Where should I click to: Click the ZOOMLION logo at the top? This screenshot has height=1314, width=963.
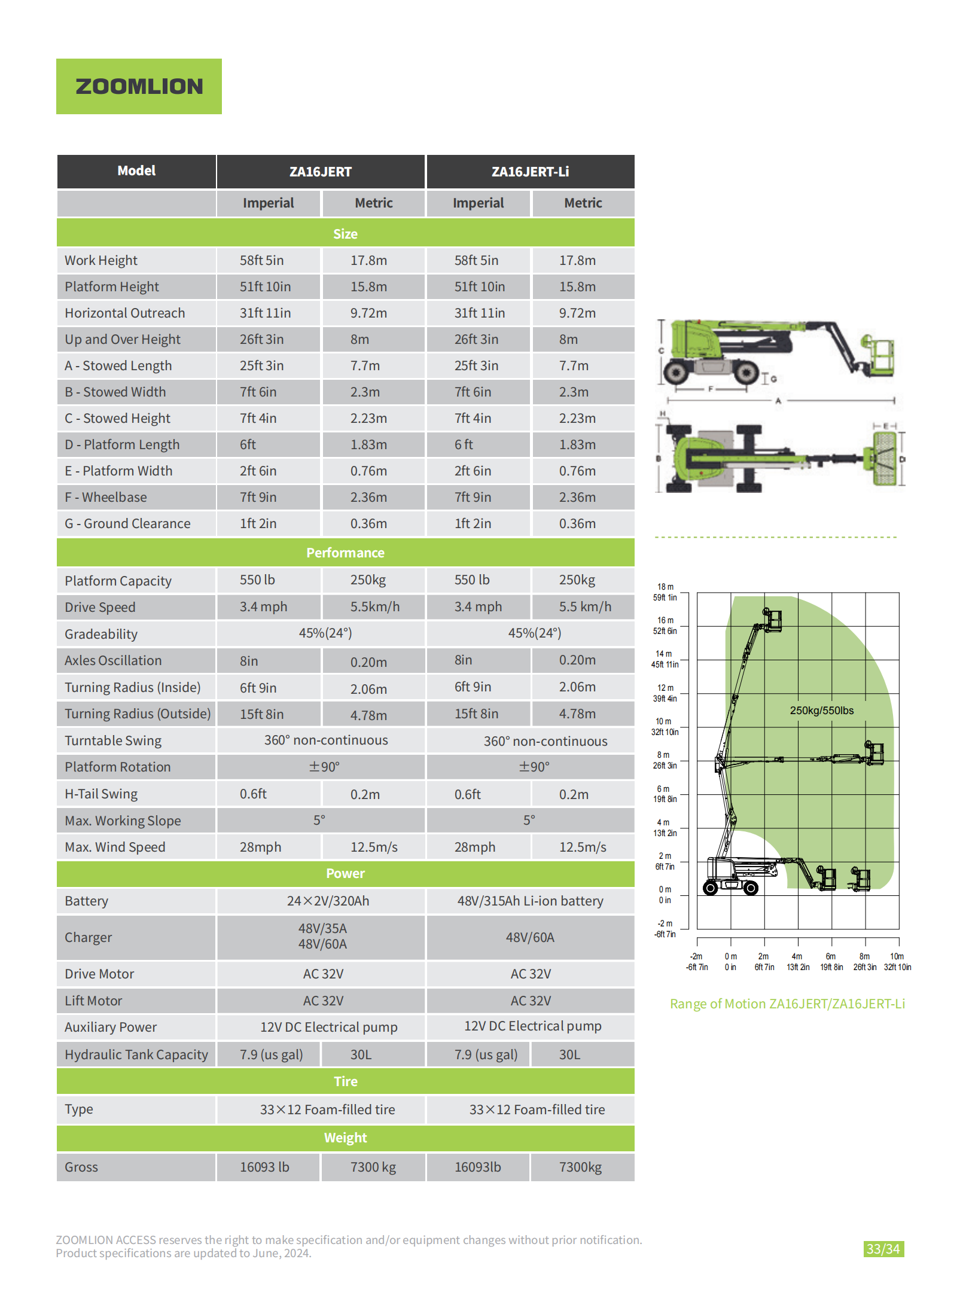(x=139, y=86)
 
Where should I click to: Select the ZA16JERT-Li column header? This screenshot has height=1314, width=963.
(x=530, y=172)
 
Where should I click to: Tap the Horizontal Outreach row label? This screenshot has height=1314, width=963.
(x=125, y=313)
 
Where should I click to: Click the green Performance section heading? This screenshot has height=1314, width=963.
(x=345, y=553)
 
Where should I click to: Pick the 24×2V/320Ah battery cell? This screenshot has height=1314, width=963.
(x=328, y=901)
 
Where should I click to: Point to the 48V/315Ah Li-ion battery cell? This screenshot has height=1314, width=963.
(x=530, y=901)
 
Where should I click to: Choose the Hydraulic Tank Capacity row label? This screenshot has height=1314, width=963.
(x=136, y=1054)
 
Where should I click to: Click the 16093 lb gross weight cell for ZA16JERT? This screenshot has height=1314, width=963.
(x=264, y=1167)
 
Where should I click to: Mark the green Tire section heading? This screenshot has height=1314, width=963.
(x=345, y=1081)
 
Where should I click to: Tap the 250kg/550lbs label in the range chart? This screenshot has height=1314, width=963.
(x=821, y=711)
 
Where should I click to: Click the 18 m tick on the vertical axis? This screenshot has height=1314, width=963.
(x=665, y=587)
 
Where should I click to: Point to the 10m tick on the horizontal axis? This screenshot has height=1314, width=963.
(x=897, y=957)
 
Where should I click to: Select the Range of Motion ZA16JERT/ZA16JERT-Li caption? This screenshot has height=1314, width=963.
(x=787, y=1004)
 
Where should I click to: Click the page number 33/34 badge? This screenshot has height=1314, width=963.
(x=883, y=1249)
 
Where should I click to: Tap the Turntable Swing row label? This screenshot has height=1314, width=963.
(x=113, y=740)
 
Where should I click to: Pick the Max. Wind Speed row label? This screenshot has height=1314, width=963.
(x=115, y=847)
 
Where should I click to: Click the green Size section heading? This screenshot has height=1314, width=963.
(x=345, y=234)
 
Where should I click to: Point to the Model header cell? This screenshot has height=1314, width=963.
(x=136, y=171)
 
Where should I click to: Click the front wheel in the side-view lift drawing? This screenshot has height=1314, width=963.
(x=746, y=373)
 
